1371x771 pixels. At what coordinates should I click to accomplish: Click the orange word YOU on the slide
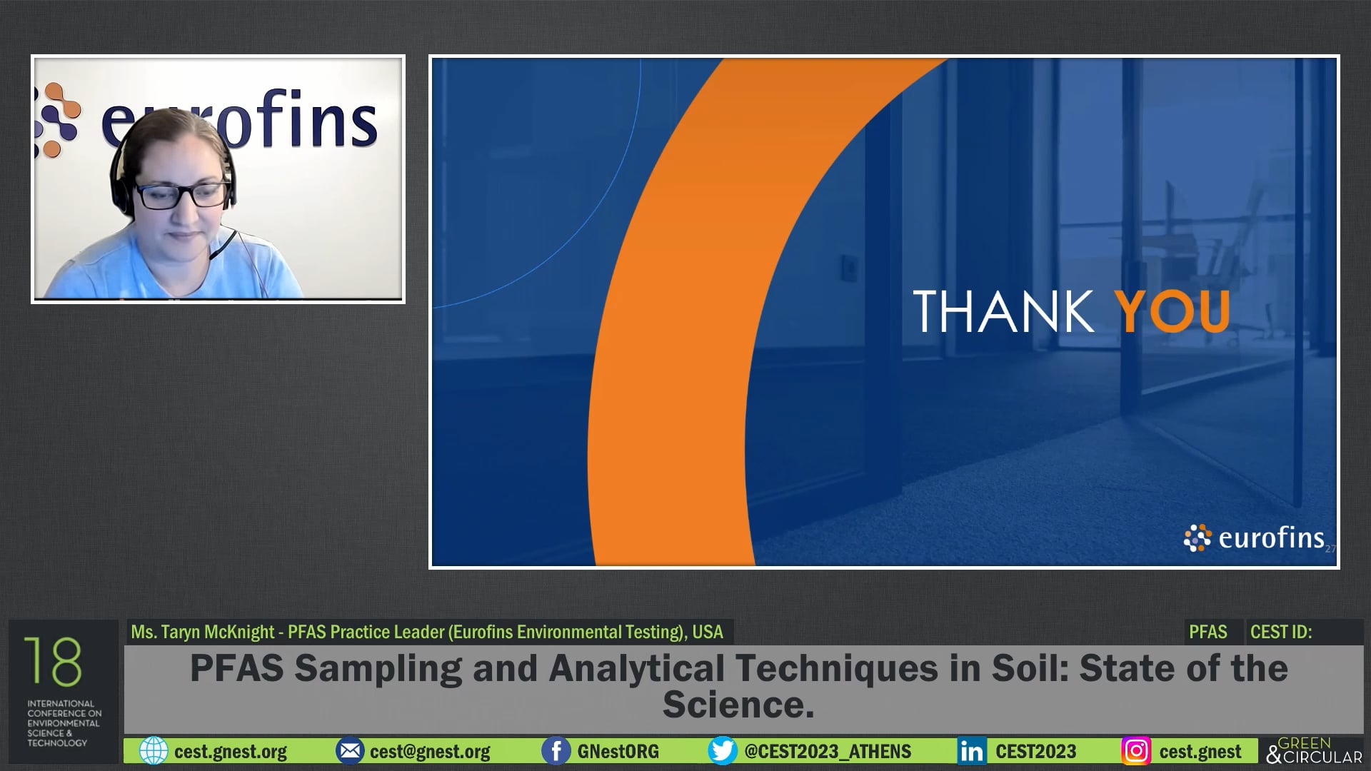tap(1172, 311)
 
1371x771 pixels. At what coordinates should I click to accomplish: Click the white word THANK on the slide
tap(1003, 311)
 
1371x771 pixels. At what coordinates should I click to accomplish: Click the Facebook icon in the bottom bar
tap(556, 751)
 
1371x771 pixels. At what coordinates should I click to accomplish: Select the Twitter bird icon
tap(722, 751)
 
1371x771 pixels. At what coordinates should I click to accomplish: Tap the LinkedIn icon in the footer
tap(971, 751)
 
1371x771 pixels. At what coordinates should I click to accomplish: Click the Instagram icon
tap(1136, 751)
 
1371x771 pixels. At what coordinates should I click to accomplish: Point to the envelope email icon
tap(349, 751)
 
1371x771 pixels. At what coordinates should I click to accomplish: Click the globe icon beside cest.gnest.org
tap(153, 751)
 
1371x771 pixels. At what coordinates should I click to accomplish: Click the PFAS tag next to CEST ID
tap(1207, 632)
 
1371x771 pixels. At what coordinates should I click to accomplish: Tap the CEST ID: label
tap(1281, 632)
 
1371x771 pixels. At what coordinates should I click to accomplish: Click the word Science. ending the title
tap(738, 705)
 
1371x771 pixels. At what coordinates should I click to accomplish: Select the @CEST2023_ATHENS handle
tap(828, 752)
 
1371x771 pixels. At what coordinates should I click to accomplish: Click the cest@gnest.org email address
tap(430, 752)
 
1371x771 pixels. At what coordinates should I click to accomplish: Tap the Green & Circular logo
tap(1314, 750)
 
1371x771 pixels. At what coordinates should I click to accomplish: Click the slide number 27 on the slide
tap(1330, 549)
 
